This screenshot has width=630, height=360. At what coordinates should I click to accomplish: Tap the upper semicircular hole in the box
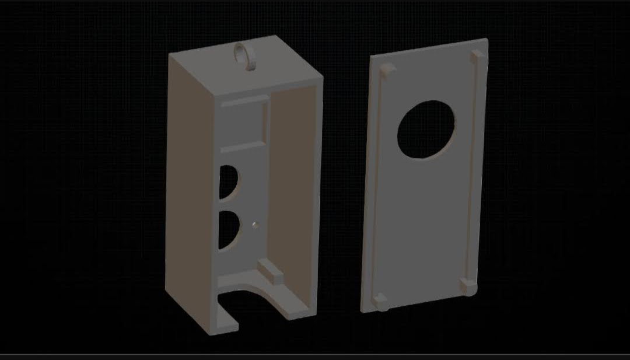[x=228, y=180]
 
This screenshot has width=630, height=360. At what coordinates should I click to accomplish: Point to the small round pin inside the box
[x=254, y=223]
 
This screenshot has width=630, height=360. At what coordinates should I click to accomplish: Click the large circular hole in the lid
[x=426, y=130]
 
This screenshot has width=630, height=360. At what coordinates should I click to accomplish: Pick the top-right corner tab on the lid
[x=477, y=56]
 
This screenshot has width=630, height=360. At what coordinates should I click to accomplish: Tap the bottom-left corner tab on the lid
[x=380, y=302]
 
